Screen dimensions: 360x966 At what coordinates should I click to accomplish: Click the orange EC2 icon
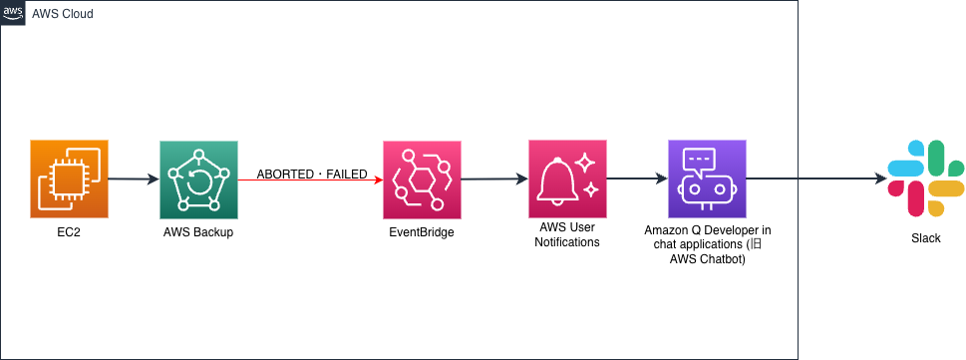(x=69, y=180)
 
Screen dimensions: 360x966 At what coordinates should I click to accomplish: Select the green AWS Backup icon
(x=198, y=180)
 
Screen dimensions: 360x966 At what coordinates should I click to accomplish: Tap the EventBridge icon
(x=423, y=180)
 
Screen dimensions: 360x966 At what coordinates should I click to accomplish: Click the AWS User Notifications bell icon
(x=567, y=179)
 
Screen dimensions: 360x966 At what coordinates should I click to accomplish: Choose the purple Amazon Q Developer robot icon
(x=707, y=179)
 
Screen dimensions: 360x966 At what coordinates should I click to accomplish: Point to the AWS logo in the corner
(x=14, y=12)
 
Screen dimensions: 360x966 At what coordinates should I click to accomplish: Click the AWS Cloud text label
(x=64, y=13)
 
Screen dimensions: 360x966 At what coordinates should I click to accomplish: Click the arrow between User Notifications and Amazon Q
(x=637, y=180)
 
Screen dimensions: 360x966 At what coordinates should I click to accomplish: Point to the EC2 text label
(x=69, y=232)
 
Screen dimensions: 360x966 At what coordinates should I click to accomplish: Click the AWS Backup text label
(x=198, y=232)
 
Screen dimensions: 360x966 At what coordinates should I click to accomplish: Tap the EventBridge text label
(x=423, y=232)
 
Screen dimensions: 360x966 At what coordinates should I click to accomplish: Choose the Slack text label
(x=925, y=238)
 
